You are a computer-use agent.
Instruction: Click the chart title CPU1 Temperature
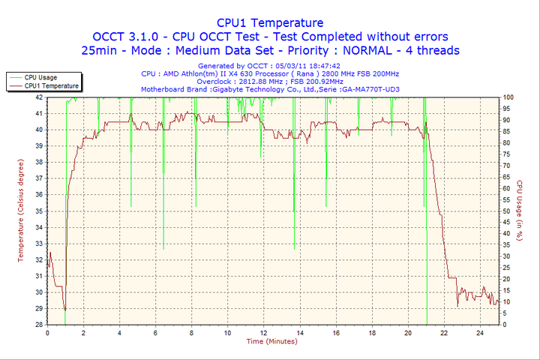270,22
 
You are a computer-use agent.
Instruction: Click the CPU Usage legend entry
40,77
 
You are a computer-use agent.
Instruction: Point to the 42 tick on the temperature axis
38,97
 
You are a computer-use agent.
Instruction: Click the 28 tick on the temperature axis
38,325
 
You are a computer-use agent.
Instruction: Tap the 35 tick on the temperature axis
38,211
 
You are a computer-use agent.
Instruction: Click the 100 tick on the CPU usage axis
508,97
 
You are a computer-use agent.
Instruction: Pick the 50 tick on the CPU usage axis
507,211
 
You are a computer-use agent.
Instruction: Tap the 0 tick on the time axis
47,332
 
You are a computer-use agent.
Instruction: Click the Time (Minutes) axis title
271,341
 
